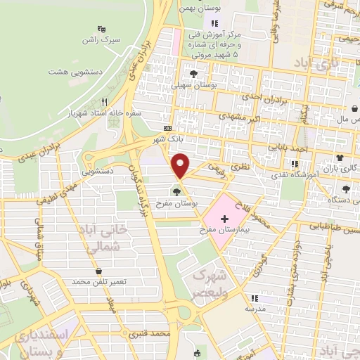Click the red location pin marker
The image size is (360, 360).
pos(182,165)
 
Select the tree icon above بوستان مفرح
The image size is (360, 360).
pos(176,191)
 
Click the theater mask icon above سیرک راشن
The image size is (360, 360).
pos(102,30)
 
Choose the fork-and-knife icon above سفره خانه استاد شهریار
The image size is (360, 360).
pos(105,101)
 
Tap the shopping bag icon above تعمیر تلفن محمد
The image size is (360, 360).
pos(98,271)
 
